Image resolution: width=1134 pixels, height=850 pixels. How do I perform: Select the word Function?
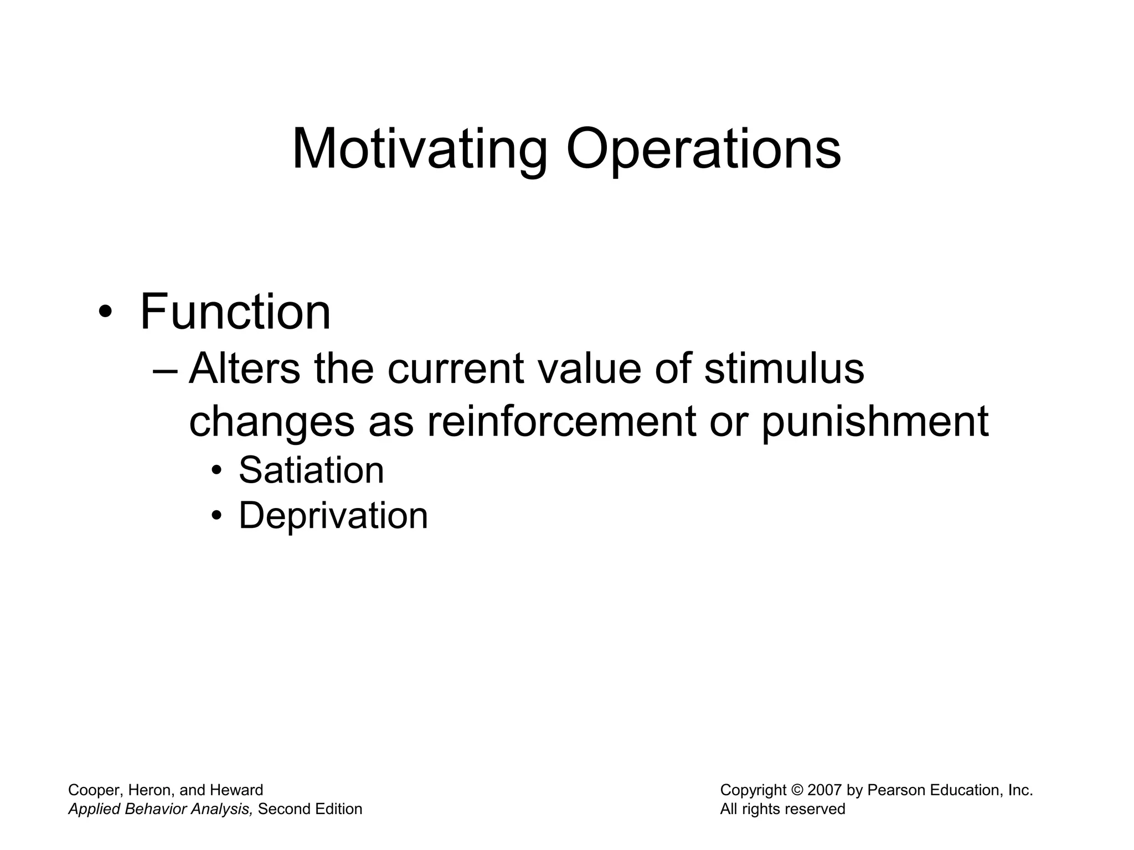[x=235, y=312]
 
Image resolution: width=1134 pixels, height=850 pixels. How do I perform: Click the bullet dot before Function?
[x=104, y=314]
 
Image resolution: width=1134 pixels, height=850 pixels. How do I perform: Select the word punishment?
[x=875, y=421]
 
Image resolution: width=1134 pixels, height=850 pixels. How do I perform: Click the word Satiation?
[x=311, y=470]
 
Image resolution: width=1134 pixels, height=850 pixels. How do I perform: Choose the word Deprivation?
[x=333, y=516]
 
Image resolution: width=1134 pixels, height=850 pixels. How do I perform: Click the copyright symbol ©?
[x=797, y=790]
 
